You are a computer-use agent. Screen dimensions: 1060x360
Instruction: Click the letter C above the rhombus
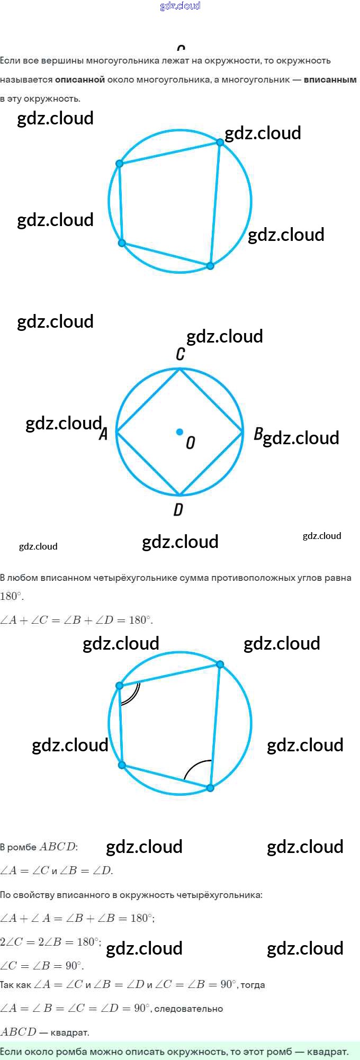click(181, 354)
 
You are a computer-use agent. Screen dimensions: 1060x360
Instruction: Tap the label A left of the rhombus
click(104, 434)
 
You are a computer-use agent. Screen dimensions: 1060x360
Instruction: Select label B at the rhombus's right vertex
click(258, 434)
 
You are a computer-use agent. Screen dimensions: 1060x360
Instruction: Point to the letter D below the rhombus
click(178, 509)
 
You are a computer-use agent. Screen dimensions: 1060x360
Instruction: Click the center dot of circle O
click(179, 432)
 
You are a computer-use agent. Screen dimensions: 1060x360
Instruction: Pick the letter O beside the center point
click(191, 443)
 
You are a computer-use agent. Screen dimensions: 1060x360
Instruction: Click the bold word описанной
click(80, 79)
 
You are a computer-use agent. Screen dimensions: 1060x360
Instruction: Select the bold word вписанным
click(330, 79)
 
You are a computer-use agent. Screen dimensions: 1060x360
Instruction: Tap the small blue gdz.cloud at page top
click(180, 6)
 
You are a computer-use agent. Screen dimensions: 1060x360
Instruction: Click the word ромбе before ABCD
click(22, 847)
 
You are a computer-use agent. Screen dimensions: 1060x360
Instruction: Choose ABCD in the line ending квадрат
click(19, 1031)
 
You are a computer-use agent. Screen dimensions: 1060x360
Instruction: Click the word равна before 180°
click(338, 578)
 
